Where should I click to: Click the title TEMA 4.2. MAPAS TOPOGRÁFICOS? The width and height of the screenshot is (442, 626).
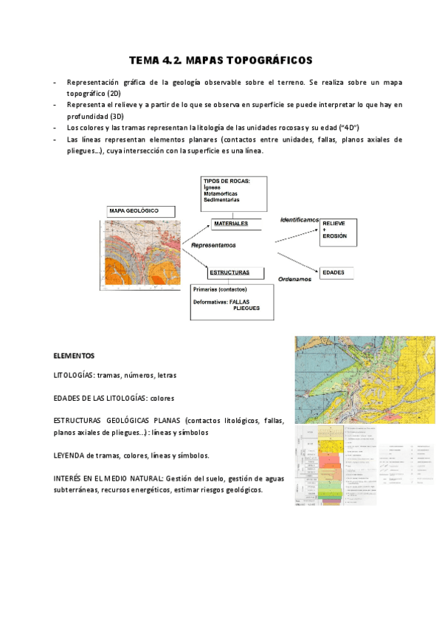(221, 59)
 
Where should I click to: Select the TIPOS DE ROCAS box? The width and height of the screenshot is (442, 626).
(234, 190)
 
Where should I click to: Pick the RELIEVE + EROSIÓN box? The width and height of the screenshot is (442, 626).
(338, 232)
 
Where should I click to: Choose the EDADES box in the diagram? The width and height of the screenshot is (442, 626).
(337, 273)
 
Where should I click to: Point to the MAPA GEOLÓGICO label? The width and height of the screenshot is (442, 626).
(134, 210)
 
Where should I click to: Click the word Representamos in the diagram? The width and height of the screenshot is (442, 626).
(213, 244)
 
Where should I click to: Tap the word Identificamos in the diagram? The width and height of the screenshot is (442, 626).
(299, 220)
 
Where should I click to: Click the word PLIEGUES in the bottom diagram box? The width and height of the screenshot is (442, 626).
(248, 308)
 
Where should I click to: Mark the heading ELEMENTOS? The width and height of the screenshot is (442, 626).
(74, 355)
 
